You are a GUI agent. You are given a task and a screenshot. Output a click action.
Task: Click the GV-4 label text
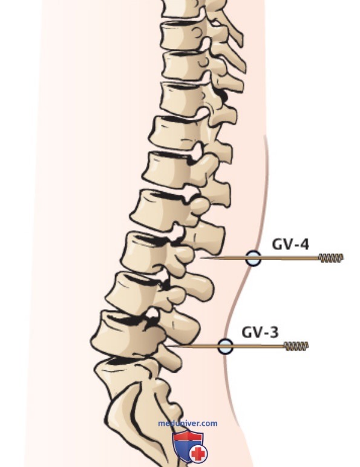coord(290,244)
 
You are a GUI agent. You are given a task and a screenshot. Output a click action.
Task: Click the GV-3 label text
coord(260,332)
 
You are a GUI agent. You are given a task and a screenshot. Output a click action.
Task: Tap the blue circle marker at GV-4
coord(254,258)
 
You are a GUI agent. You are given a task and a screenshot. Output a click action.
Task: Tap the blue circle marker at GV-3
coord(225,346)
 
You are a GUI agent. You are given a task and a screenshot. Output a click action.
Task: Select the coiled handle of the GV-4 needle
coord(331,258)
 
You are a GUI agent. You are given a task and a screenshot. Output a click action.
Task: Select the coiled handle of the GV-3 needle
coord(296,346)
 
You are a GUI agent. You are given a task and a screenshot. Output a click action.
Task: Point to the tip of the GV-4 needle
coord(200,257)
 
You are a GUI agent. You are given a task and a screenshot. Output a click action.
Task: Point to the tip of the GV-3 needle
coord(166,346)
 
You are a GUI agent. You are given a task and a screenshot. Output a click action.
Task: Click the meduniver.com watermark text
coord(188,423)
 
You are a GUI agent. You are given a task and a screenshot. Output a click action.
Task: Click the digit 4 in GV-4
coord(304,244)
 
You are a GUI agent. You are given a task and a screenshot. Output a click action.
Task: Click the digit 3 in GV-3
coord(274,332)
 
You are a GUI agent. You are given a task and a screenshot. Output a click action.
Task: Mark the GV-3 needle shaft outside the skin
coord(258,346)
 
